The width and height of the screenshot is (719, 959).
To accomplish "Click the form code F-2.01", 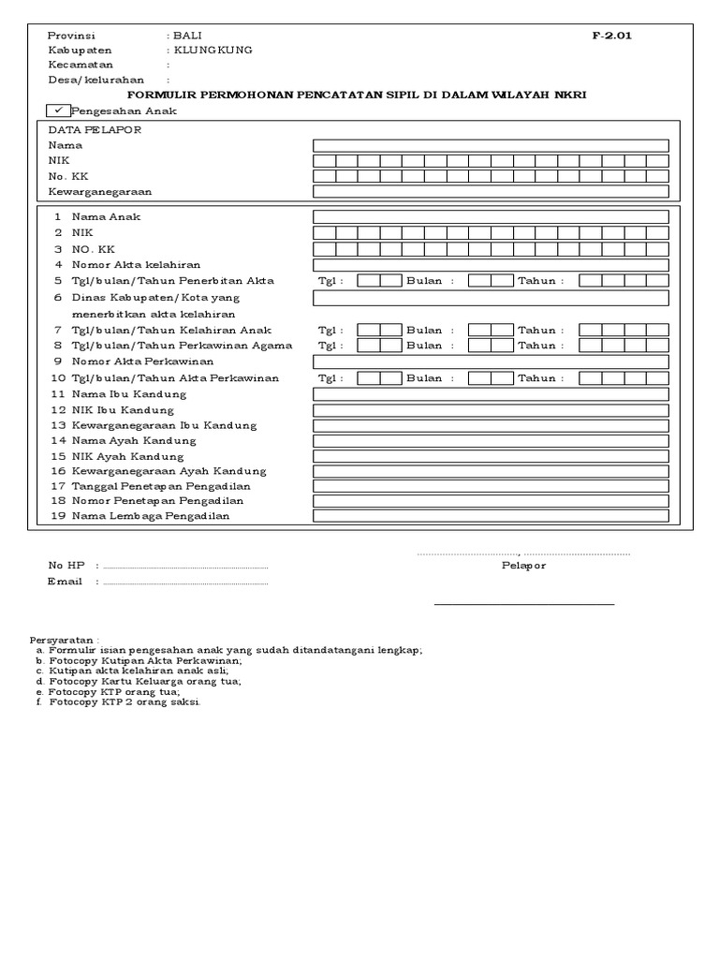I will (611, 36).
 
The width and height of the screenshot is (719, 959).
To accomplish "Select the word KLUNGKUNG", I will (213, 51).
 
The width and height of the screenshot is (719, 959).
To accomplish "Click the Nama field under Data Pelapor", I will (491, 145).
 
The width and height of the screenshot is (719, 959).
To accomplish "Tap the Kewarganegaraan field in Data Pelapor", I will (491, 191).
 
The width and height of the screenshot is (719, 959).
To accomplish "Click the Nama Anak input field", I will (491, 217).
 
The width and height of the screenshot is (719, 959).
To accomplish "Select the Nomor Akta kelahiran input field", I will (491, 265).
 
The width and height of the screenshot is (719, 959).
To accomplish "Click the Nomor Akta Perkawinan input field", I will (491, 361).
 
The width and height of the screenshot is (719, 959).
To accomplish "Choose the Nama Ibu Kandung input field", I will (491, 394).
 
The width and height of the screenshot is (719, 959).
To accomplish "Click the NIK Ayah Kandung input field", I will (491, 455).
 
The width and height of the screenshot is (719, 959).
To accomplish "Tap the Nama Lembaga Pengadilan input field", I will (491, 516).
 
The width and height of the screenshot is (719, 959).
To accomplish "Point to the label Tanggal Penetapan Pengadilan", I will (160, 486).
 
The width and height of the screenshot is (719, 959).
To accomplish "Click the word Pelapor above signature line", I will (523, 566).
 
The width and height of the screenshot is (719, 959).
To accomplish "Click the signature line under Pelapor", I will (523, 605).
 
